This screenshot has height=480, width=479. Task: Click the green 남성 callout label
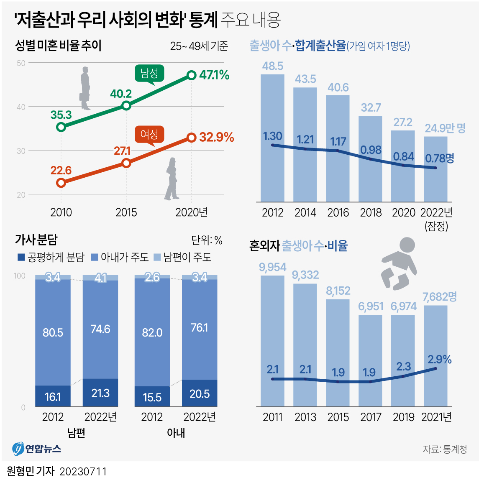pyautogui.click(x=149, y=74)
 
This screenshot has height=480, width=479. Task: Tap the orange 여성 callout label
pyautogui.click(x=149, y=134)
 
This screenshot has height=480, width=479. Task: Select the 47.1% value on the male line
pyautogui.click(x=214, y=75)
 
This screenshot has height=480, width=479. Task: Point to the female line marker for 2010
pyautogui.click(x=61, y=182)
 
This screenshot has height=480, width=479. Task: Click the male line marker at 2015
pyautogui.click(x=126, y=106)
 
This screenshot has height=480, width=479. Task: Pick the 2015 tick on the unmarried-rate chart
pyautogui.click(x=126, y=212)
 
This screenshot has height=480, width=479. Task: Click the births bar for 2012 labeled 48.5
pyautogui.click(x=272, y=138)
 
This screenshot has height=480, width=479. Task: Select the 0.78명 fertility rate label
pyautogui.click(x=439, y=158)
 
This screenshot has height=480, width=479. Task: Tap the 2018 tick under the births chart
pyautogui.click(x=371, y=213)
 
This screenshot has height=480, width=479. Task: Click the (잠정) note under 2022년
pyautogui.click(x=436, y=226)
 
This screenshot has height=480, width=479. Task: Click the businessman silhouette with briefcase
pyautogui.click(x=85, y=88)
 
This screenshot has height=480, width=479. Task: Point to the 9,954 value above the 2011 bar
pyautogui.click(x=272, y=267)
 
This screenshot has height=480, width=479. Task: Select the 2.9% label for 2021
pyautogui.click(x=439, y=359)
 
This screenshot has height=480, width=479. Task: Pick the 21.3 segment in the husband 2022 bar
pyautogui.click(x=100, y=393)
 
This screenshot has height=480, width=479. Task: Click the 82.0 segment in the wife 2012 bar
pyautogui.click(x=152, y=332)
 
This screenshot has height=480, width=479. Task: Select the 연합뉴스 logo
pyautogui.click(x=37, y=449)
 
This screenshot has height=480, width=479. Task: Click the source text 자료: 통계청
pyautogui.click(x=444, y=449)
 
